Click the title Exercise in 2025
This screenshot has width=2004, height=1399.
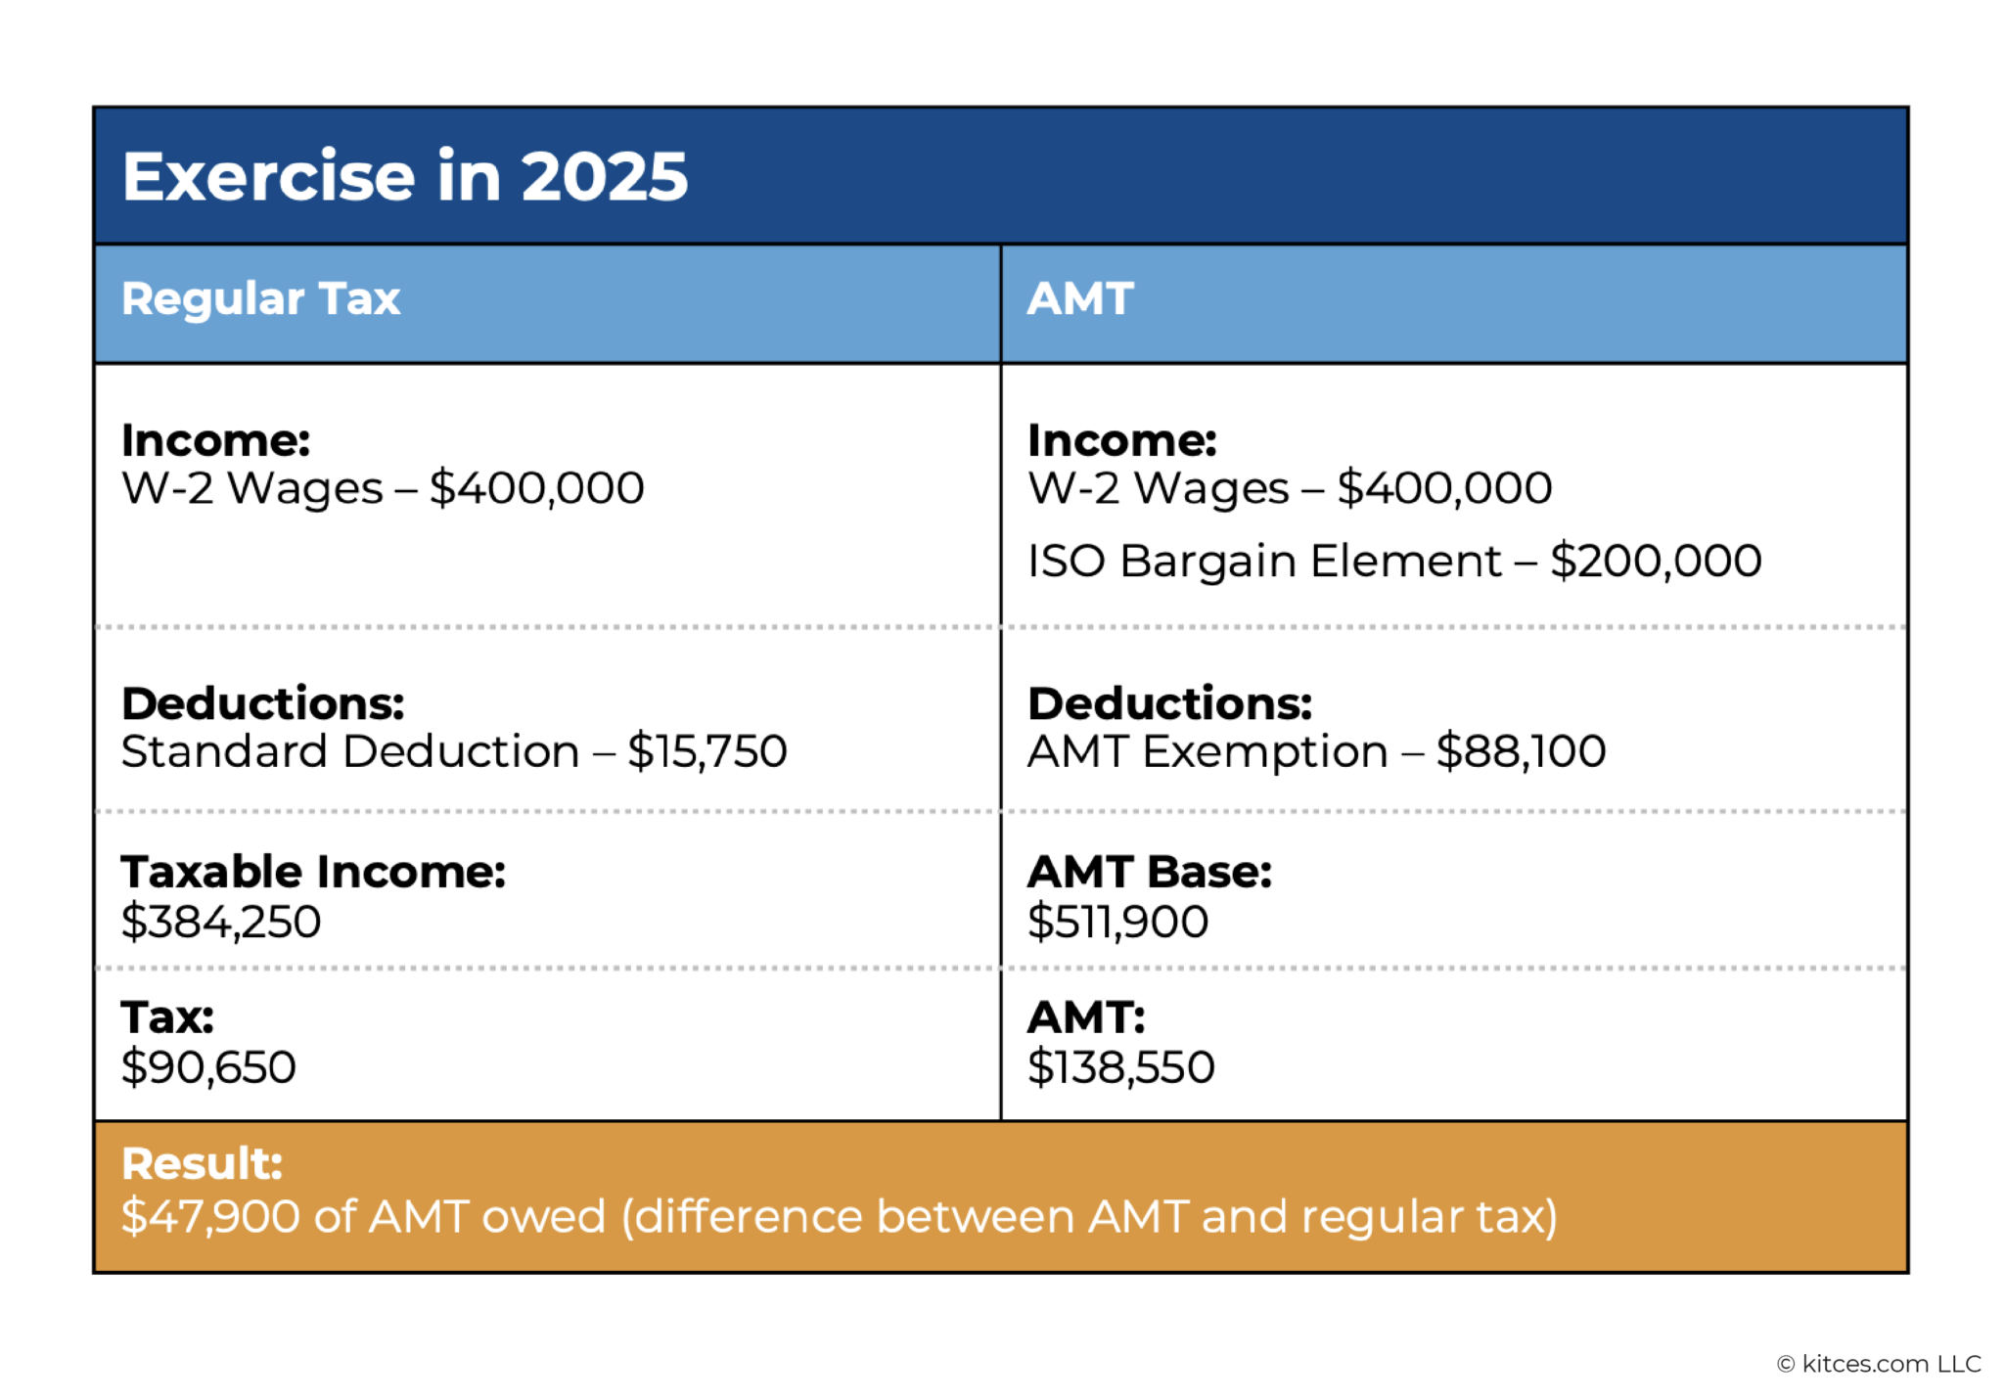point(405,176)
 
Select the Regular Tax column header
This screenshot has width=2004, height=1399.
point(260,298)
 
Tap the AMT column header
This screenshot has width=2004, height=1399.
point(1079,298)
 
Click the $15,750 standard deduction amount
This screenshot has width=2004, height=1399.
point(706,751)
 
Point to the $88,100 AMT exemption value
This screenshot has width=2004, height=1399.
point(1521,751)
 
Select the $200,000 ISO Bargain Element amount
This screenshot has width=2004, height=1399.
point(1656,562)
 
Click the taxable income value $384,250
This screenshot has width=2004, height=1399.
point(221,922)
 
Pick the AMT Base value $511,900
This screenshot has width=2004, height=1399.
point(1117,922)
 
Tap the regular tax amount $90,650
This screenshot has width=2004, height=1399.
point(208,1066)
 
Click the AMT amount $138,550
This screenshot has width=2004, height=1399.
point(1120,1066)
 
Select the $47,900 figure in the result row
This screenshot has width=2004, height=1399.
point(210,1217)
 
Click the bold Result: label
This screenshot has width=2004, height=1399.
point(202,1164)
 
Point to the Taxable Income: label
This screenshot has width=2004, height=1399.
point(313,872)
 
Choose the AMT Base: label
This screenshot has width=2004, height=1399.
point(1149,872)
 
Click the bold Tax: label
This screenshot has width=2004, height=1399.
point(167,1017)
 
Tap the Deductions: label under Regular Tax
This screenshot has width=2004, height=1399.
point(262,703)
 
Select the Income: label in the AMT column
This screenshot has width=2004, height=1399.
point(1121,440)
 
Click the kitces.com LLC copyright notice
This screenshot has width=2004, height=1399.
point(1879,1364)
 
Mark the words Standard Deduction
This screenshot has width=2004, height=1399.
point(349,751)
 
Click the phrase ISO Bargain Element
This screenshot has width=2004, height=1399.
point(1263,562)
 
